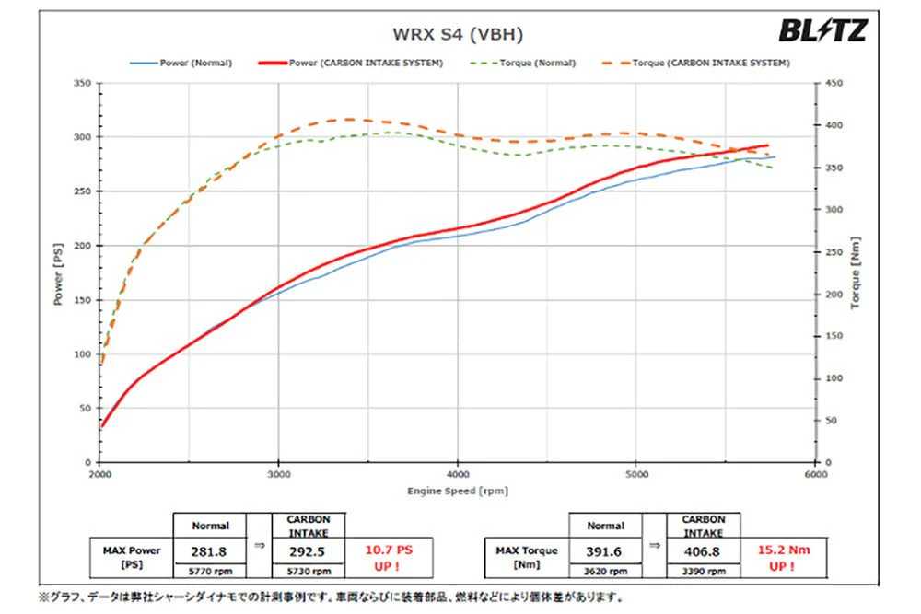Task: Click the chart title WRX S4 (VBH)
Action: [458, 34]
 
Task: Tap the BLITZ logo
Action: [822, 30]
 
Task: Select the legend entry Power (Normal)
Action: [181, 63]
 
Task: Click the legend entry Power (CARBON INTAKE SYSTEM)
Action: [351, 63]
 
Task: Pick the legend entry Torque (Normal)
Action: [523, 63]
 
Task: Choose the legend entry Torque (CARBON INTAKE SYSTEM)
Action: [696, 63]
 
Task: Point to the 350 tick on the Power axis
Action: [82, 84]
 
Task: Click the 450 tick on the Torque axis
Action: [834, 84]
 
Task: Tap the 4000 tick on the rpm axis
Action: [458, 474]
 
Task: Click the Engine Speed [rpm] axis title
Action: [458, 491]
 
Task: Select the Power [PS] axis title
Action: [58, 274]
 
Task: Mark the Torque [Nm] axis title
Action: [856, 273]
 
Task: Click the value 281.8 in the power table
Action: [208, 551]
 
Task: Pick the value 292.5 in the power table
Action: [307, 551]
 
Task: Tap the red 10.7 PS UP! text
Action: [389, 558]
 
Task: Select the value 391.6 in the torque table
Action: [604, 551]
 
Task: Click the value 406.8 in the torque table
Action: [702, 551]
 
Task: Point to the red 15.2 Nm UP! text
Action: [784, 558]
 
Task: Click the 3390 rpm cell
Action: [702, 571]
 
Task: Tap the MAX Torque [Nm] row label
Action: [526, 558]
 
